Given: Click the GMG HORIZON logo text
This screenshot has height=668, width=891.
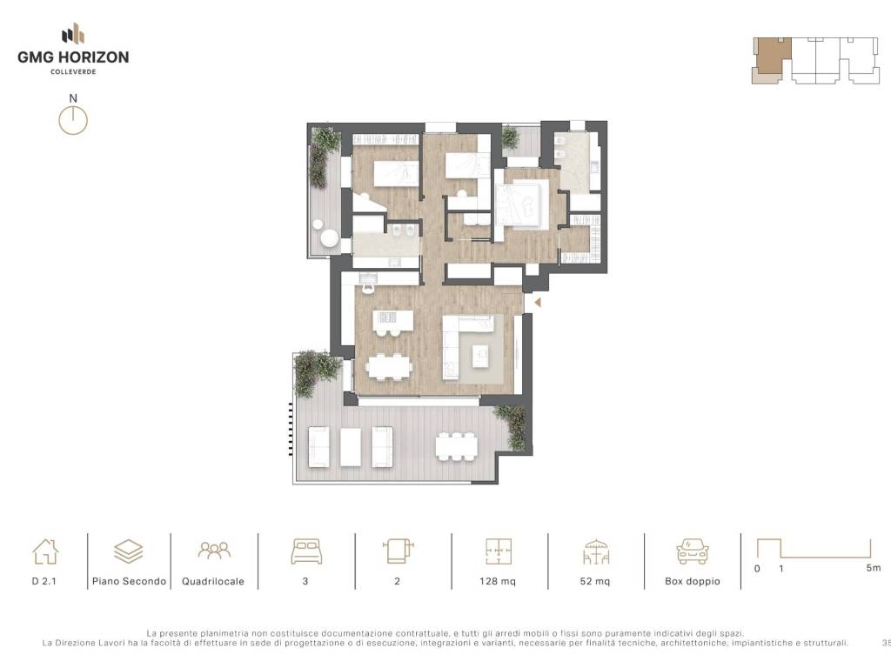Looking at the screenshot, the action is (73, 57).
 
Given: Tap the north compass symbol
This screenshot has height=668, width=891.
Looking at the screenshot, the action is (73, 120).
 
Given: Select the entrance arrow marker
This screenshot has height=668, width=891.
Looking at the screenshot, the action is (537, 303).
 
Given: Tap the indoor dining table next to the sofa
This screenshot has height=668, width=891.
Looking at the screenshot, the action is (389, 366).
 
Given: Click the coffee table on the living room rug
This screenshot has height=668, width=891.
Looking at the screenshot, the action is (480, 356).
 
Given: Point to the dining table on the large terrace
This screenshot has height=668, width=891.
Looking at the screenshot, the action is (456, 446).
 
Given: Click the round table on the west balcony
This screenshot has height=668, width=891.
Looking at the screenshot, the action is (329, 238).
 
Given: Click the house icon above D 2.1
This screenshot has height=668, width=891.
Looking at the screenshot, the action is (45, 551).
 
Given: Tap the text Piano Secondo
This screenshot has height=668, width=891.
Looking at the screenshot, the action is (129, 581).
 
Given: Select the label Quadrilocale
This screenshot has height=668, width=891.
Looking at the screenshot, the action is (213, 581).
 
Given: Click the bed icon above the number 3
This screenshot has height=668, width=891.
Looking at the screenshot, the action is (306, 551).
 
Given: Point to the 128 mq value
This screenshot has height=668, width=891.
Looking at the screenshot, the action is (498, 581).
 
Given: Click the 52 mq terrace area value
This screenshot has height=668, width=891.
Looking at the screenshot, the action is (595, 581).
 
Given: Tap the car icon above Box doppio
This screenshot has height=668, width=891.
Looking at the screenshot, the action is (692, 551).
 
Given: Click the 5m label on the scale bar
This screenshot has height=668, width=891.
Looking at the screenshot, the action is (874, 567).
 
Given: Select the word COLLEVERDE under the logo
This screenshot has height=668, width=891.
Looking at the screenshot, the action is (73, 71).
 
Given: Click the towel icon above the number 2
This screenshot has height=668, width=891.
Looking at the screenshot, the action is (398, 551).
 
